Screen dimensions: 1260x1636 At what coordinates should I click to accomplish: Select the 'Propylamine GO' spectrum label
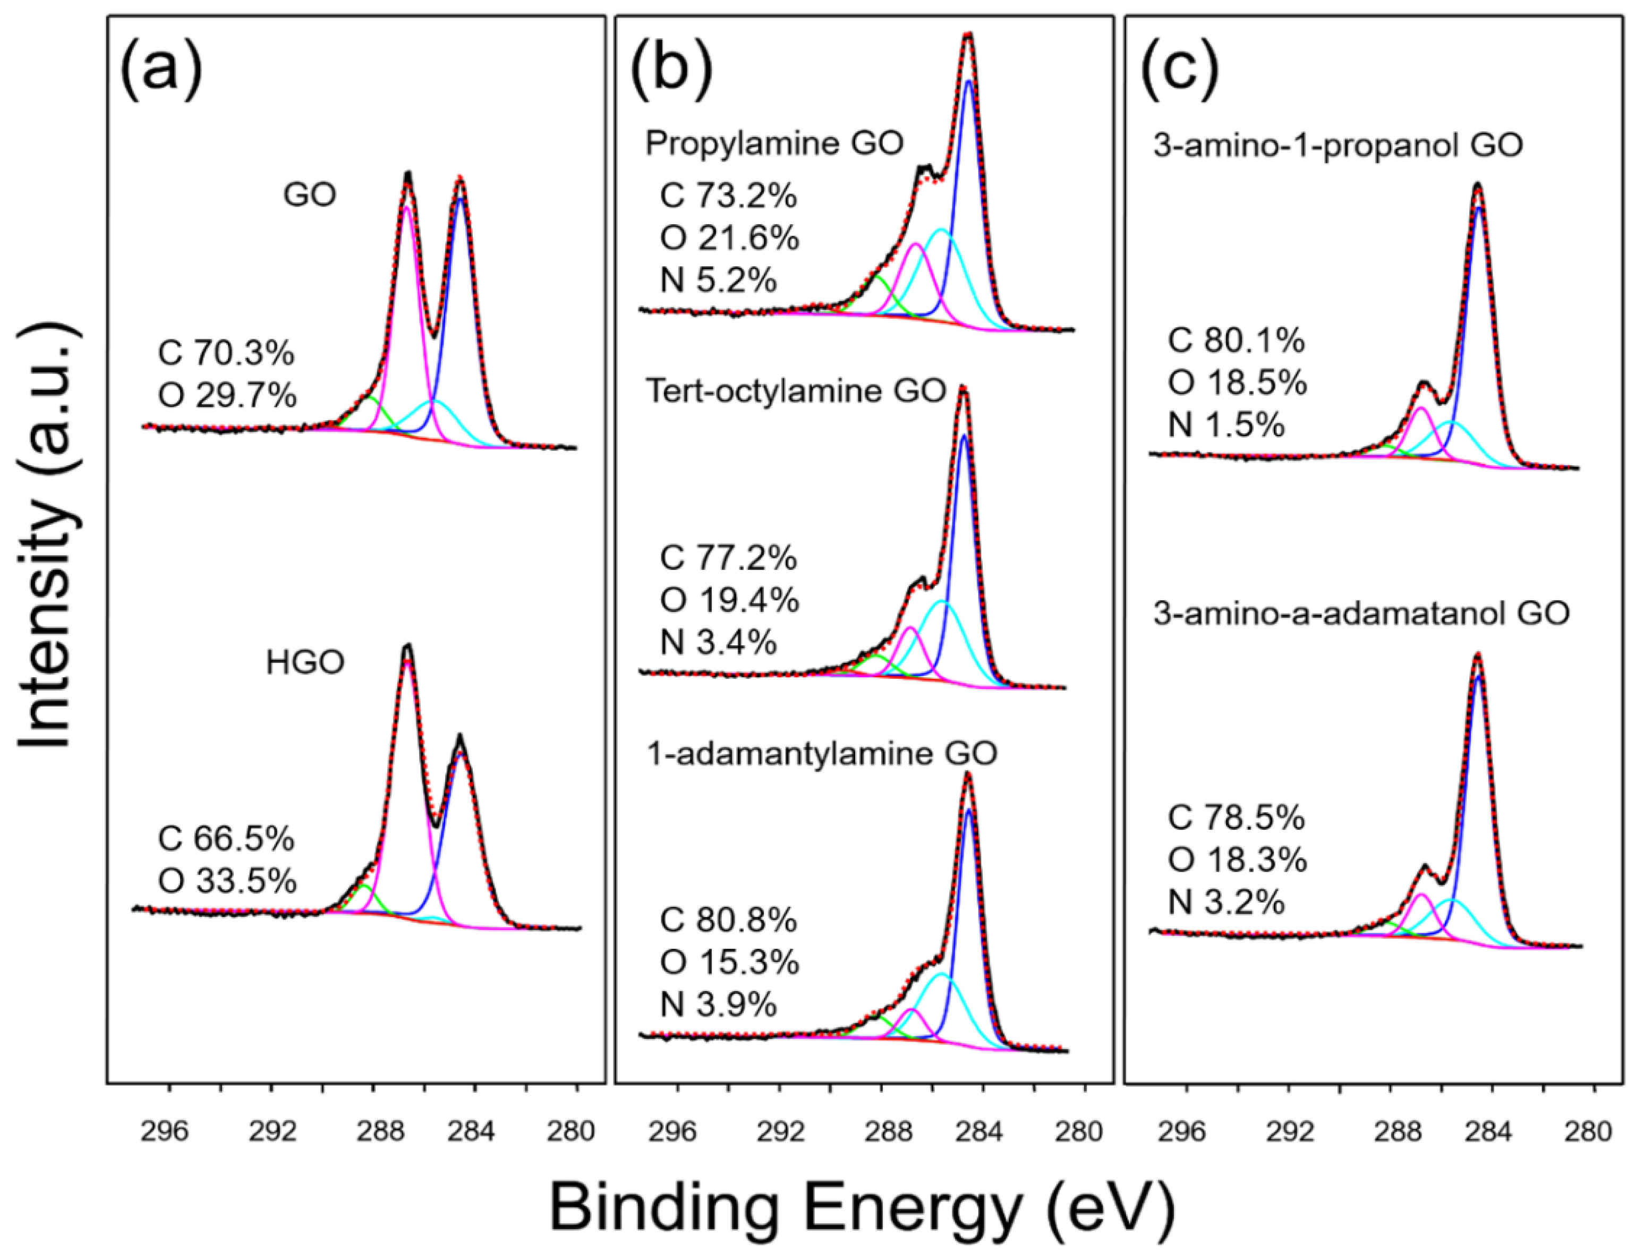pos(774,143)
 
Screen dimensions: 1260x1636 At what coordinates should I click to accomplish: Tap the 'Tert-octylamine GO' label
pos(796,392)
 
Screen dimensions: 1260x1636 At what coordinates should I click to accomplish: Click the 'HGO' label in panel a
pos(305,662)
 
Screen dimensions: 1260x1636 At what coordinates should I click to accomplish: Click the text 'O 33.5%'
pos(227,882)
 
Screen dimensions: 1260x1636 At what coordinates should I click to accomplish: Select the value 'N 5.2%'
pos(718,281)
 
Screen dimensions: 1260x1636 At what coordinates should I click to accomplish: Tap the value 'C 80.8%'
pos(728,921)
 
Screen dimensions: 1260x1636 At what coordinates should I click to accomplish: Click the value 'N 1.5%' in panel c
pos(1226,425)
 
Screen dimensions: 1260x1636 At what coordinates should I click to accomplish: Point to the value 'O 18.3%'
pos(1237,862)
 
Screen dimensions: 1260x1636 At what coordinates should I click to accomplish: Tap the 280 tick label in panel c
pos(1589,1132)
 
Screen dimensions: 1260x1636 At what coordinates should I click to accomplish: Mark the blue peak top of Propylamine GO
pos(968,82)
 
